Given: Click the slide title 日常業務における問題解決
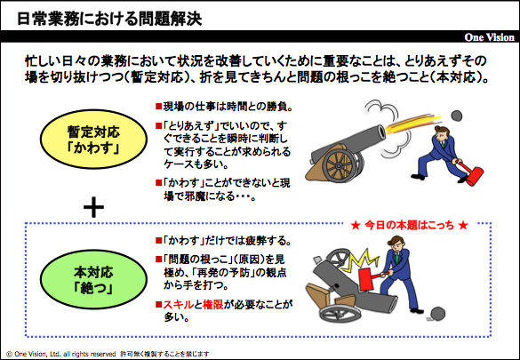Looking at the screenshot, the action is (109, 19).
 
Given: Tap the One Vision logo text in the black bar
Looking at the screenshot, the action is (489, 37).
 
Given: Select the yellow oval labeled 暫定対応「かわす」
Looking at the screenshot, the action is (93, 139).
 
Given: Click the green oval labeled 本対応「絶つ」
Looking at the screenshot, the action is (93, 279).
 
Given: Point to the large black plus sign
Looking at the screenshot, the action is (94, 207).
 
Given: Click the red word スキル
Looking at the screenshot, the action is (178, 304).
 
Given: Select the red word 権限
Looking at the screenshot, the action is (213, 304).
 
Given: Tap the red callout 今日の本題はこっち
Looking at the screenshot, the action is (409, 226).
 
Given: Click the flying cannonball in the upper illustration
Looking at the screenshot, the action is (457, 116).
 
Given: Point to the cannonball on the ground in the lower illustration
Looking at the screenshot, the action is (436, 314).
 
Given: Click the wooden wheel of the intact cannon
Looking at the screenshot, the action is (339, 165).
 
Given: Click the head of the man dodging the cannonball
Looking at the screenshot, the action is (441, 133).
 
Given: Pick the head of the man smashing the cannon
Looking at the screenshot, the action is (396, 244).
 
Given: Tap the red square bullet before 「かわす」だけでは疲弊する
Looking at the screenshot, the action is (158, 240).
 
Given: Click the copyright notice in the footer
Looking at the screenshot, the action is (108, 354).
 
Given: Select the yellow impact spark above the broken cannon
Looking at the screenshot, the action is (362, 260).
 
